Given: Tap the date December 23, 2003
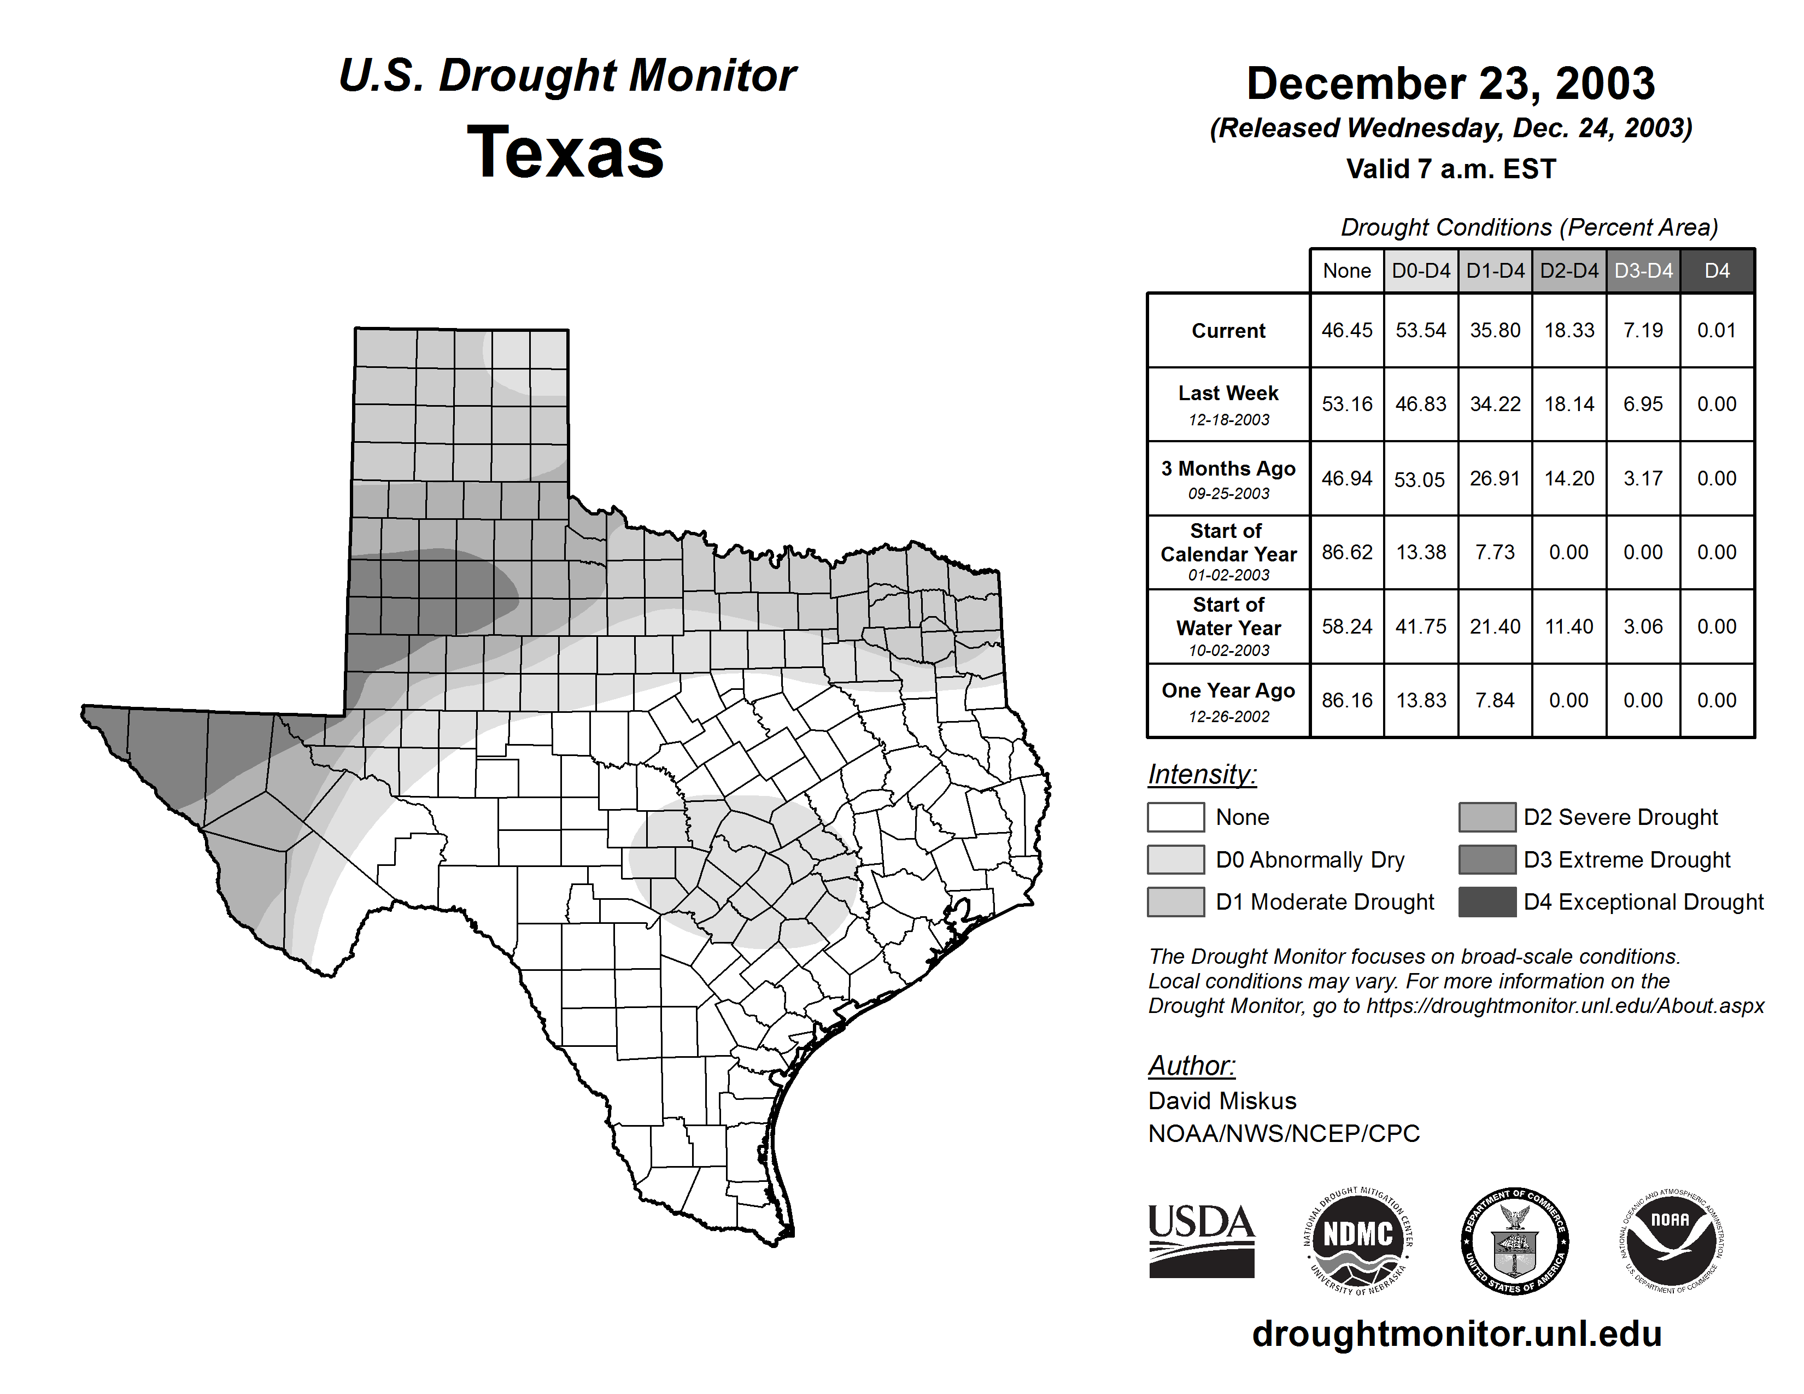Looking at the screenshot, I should (x=1450, y=84).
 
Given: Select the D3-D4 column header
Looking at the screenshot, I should (x=1643, y=271).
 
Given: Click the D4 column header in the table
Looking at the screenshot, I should (x=1717, y=271).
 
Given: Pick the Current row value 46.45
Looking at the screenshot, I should (x=1346, y=330).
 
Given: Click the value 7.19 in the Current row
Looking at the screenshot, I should (x=1643, y=330).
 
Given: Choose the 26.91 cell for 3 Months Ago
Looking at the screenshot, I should (x=1494, y=478).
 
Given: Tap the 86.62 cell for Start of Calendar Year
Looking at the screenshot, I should (x=1346, y=552).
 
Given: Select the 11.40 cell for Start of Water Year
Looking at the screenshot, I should (x=1568, y=626).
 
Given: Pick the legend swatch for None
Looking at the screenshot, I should (x=1175, y=817).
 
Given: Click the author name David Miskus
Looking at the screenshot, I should (x=1222, y=1101).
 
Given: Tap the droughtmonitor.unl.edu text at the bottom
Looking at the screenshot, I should (x=1456, y=1334).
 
